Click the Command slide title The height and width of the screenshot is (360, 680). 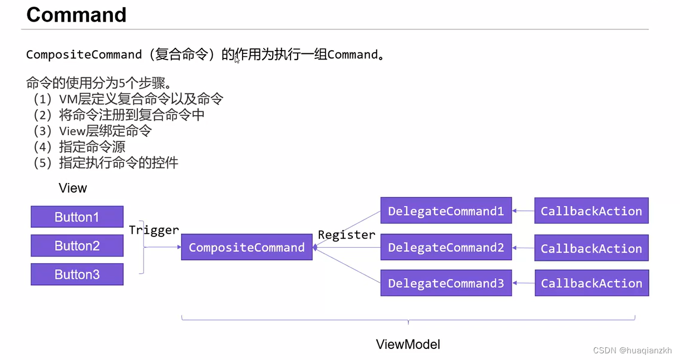click(76, 15)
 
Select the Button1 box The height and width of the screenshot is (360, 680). click(77, 217)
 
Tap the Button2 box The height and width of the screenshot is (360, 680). click(77, 245)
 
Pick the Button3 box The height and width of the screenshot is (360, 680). click(77, 274)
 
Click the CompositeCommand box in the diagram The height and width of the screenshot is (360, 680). click(247, 247)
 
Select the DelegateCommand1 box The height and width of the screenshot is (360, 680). click(446, 211)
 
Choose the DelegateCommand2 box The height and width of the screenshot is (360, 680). click(446, 247)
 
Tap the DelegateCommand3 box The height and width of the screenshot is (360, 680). click(446, 283)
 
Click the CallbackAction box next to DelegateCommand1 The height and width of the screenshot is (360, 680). click(591, 211)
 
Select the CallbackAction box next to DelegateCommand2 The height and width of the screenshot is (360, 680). click(591, 248)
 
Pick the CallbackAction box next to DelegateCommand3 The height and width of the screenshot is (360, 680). click(591, 283)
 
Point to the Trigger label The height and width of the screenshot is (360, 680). click(154, 230)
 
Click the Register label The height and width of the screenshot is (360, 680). click(346, 235)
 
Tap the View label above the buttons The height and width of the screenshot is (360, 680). click(73, 188)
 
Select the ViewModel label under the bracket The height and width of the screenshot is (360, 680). click(408, 344)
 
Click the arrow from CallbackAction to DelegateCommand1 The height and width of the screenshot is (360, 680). click(523, 211)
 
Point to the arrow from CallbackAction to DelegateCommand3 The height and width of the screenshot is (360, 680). click(523, 283)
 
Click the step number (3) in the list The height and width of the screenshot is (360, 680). click(42, 131)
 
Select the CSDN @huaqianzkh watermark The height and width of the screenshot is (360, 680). click(632, 350)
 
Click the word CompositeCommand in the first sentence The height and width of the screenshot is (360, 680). click(84, 55)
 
